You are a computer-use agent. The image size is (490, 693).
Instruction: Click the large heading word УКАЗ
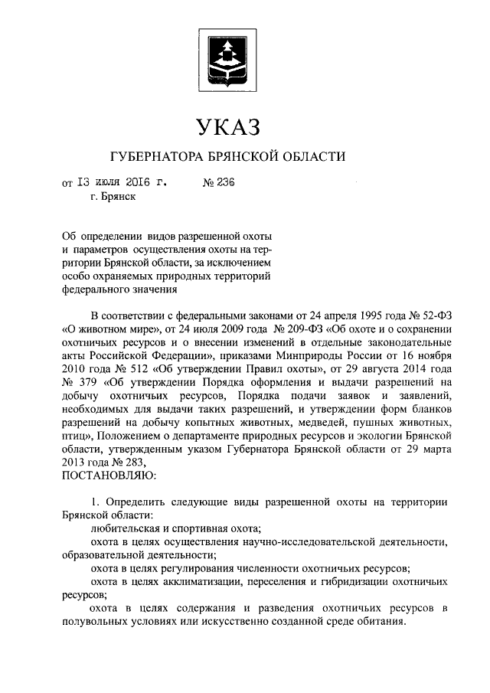(x=227, y=125)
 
